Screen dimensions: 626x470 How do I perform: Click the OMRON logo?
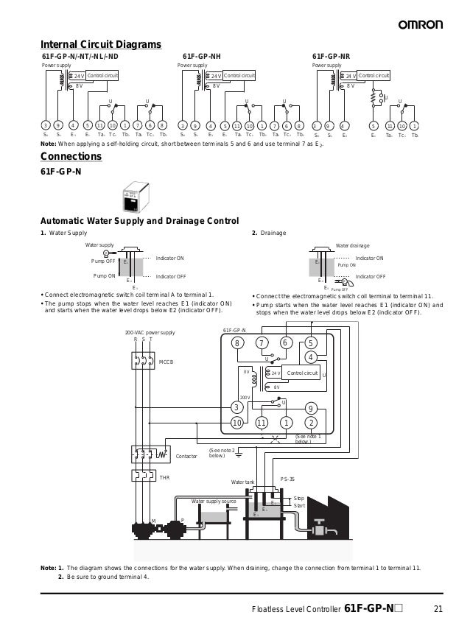pyautogui.click(x=421, y=25)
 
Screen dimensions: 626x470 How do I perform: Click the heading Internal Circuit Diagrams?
pyautogui.click(x=100, y=45)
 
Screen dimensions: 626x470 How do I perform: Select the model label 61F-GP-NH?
pyautogui.click(x=201, y=56)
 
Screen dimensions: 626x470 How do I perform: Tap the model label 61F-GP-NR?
pyautogui.click(x=332, y=56)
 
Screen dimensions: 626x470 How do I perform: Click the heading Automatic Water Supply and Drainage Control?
pyautogui.click(x=139, y=221)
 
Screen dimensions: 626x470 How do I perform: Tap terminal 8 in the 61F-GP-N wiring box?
pyautogui.click(x=237, y=343)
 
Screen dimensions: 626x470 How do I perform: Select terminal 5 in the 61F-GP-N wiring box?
pyautogui.click(x=311, y=343)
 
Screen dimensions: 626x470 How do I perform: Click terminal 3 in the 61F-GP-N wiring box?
pyautogui.click(x=237, y=407)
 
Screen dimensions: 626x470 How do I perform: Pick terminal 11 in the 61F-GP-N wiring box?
pyautogui.click(x=261, y=422)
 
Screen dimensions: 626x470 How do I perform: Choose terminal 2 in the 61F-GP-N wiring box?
pyautogui.click(x=311, y=422)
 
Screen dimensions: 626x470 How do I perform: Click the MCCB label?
pyautogui.click(x=166, y=362)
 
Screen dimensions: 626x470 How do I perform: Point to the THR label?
pyautogui.click(x=164, y=478)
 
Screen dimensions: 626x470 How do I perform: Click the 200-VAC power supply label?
pyautogui.click(x=150, y=333)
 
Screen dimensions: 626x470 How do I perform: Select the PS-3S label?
pyautogui.click(x=287, y=479)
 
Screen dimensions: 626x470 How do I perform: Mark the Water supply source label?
pyautogui.click(x=214, y=501)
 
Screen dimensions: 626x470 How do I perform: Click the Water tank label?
pyautogui.click(x=242, y=482)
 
